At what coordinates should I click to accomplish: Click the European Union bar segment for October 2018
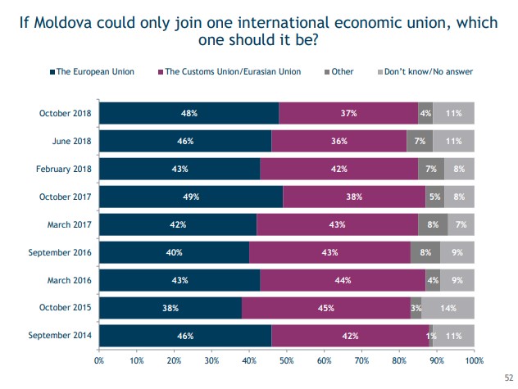tap(189, 113)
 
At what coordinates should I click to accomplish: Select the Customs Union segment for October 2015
tap(326, 307)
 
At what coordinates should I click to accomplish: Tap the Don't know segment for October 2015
tap(448, 307)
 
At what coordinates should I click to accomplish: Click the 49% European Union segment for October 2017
tap(190, 197)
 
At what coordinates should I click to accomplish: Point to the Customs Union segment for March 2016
tap(343, 279)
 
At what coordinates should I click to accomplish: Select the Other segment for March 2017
tap(433, 224)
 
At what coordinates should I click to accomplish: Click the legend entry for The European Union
tap(92, 72)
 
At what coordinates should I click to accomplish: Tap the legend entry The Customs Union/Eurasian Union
tap(229, 72)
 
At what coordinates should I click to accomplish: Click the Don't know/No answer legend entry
tap(426, 72)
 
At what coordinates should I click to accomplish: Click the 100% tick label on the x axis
tap(473, 360)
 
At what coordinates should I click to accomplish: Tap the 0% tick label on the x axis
tap(99, 360)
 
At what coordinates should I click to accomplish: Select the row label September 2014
tap(61, 335)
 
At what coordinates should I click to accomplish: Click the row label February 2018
tap(64, 169)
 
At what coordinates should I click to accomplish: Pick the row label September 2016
tap(61, 252)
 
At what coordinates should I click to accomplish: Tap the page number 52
tap(507, 378)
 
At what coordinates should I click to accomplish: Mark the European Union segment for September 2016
tap(174, 252)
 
